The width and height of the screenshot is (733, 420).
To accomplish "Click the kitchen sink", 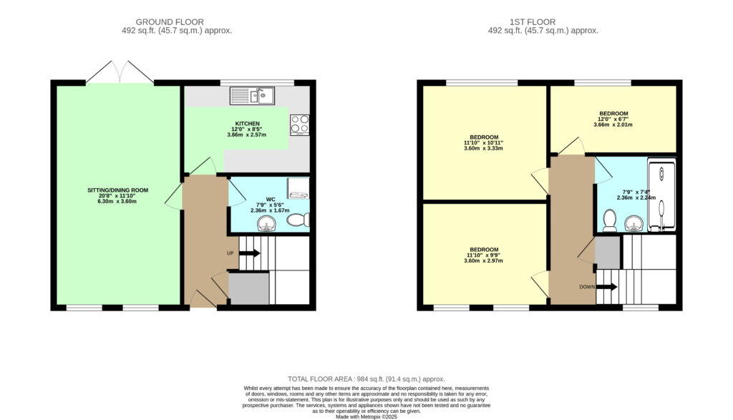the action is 253,96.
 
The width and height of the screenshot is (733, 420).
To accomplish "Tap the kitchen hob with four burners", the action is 300,124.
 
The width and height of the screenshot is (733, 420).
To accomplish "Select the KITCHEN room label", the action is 247,124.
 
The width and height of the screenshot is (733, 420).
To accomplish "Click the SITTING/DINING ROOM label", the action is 118,190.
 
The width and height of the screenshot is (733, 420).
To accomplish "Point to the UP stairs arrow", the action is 250,253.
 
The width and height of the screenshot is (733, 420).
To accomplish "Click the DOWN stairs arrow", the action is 607,287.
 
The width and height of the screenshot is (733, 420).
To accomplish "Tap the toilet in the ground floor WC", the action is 298,220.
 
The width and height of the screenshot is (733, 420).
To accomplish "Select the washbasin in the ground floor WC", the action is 267,224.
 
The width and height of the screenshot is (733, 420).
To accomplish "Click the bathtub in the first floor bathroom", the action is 661,195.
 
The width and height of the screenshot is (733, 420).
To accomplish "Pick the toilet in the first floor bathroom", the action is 610,220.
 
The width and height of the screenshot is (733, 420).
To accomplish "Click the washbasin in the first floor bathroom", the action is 634,223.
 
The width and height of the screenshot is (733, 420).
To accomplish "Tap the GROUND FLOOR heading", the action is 170,22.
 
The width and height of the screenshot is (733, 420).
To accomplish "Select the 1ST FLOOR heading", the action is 533,22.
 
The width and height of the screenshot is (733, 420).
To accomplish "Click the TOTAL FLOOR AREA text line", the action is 366,379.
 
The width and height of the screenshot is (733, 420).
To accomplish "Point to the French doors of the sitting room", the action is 120,72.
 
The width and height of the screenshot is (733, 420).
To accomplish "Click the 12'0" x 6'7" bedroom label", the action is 613,119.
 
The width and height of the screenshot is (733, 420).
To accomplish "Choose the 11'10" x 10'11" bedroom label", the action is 484,143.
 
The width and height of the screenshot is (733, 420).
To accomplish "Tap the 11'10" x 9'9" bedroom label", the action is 484,255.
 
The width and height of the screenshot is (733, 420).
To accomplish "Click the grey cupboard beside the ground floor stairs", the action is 248,289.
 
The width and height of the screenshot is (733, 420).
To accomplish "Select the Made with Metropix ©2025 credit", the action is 366,416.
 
